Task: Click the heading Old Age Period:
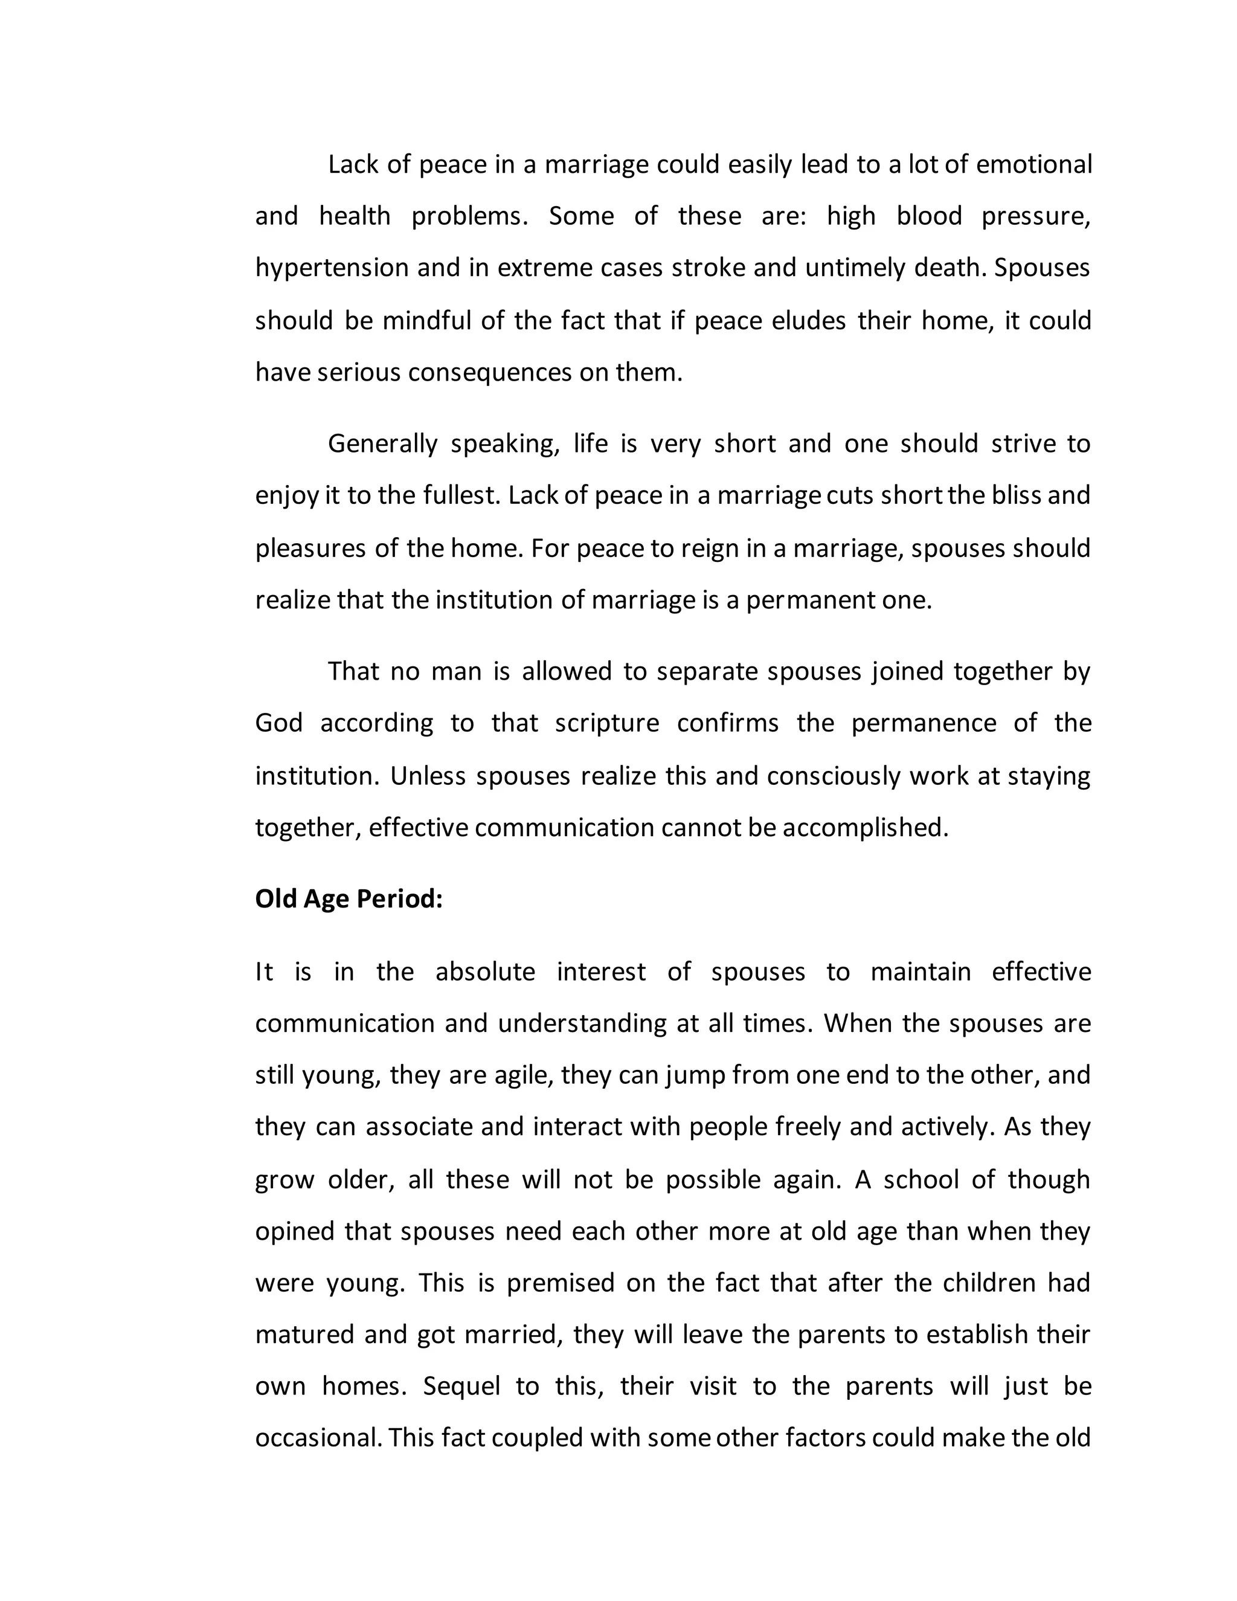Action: coord(349,899)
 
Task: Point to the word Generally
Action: coord(382,444)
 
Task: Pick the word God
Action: coord(278,724)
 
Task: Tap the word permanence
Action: coord(924,724)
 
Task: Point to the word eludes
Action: coord(808,320)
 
